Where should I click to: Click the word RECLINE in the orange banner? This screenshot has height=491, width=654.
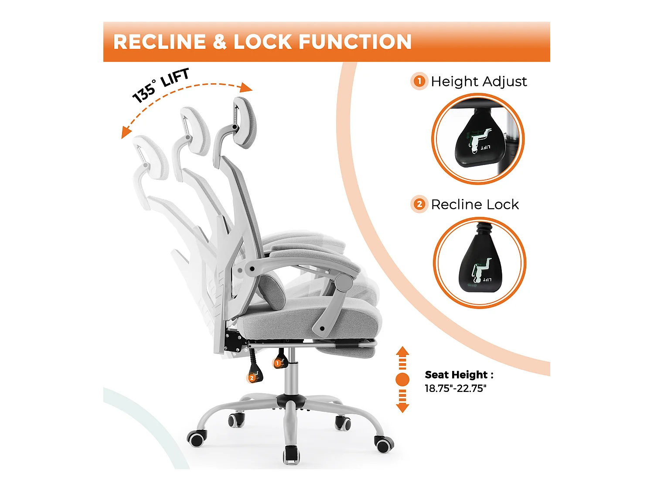[x=160, y=42]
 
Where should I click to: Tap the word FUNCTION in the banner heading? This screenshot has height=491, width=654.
[x=355, y=42]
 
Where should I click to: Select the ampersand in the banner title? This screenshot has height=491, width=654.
[x=220, y=42]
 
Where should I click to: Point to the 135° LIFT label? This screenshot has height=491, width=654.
[x=160, y=85]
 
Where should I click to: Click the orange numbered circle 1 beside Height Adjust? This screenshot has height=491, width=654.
[x=419, y=81]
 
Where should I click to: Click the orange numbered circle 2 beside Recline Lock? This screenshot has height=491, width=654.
[x=419, y=204]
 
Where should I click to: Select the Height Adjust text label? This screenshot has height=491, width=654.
[x=479, y=81]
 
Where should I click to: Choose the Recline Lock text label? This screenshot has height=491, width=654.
[x=475, y=205]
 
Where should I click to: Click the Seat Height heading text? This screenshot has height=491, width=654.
[x=459, y=374]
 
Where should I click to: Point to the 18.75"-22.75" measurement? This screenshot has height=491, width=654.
[x=455, y=388]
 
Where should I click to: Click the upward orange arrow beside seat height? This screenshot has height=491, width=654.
[x=402, y=358]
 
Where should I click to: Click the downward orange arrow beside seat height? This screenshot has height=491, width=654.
[x=402, y=401]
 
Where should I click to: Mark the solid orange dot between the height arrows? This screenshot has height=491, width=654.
[x=402, y=380]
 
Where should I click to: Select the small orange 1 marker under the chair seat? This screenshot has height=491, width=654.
[x=277, y=363]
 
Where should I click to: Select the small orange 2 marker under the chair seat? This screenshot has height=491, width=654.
[x=252, y=378]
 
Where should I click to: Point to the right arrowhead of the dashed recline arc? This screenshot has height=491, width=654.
[x=247, y=87]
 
